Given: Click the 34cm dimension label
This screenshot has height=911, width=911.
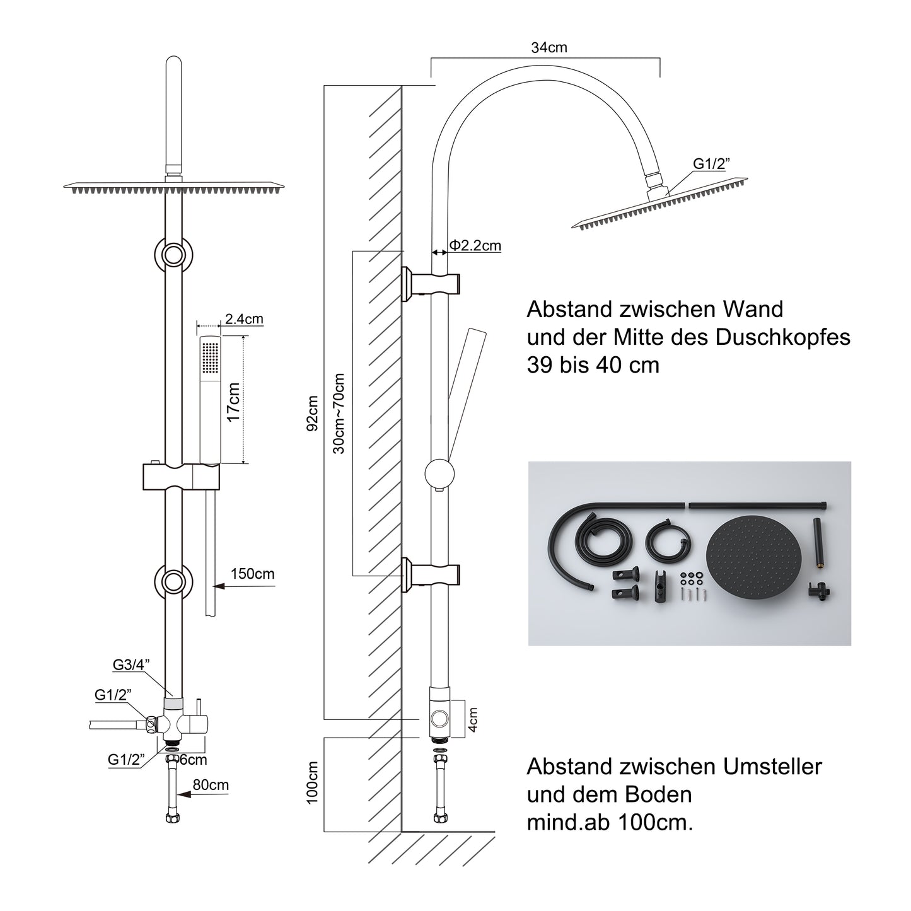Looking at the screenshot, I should click(x=549, y=47).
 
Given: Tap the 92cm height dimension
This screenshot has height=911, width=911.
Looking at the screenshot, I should click(x=312, y=413).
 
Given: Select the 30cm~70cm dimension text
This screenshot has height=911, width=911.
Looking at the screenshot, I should click(x=339, y=413).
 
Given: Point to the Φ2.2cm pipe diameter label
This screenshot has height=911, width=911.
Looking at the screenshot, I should click(x=475, y=245).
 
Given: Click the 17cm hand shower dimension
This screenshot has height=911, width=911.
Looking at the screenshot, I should click(x=233, y=402).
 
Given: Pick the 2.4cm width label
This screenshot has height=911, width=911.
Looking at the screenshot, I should click(x=244, y=320).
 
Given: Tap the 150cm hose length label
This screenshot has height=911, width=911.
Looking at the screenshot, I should click(x=252, y=574).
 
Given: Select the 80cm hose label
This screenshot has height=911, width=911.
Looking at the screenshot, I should click(x=211, y=785).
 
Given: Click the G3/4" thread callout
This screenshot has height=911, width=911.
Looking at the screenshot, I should click(x=131, y=664).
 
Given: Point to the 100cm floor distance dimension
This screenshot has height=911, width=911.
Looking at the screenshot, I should click(x=312, y=782).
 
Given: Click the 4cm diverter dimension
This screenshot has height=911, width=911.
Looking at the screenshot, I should click(x=473, y=719).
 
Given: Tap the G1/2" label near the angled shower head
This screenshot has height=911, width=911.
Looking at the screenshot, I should click(x=711, y=164).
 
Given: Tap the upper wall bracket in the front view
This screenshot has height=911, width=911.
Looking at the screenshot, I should click(x=173, y=255).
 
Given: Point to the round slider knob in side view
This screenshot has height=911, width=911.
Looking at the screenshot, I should click(x=440, y=473).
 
